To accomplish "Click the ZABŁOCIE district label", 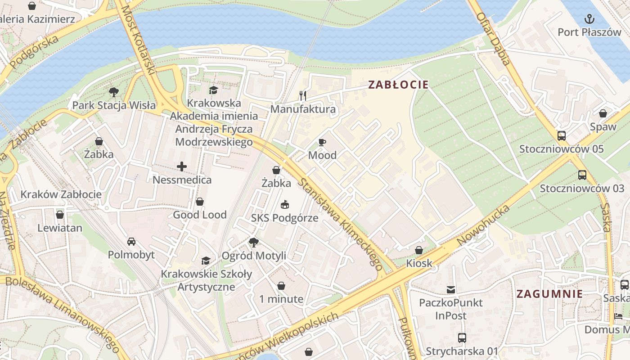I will pyautogui.click(x=398, y=85).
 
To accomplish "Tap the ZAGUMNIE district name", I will pyautogui.click(x=549, y=294).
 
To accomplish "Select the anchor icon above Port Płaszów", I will pyautogui.click(x=589, y=19).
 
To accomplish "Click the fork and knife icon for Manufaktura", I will pyautogui.click(x=303, y=95).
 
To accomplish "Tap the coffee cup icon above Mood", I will pyautogui.click(x=322, y=143).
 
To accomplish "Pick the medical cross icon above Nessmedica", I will pyautogui.click(x=182, y=167).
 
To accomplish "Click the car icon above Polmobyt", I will pyautogui.click(x=131, y=242).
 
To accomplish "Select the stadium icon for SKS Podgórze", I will pyautogui.click(x=284, y=205).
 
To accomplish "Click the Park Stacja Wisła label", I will pyautogui.click(x=114, y=106).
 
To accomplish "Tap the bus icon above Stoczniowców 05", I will pyautogui.click(x=561, y=135).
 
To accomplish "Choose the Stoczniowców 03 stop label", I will pyautogui.click(x=582, y=189).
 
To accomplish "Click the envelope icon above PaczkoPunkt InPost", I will pyautogui.click(x=450, y=289).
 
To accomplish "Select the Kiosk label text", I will pyautogui.click(x=419, y=263).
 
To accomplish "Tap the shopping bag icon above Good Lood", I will pyautogui.click(x=200, y=202).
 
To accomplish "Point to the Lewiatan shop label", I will pyautogui.click(x=60, y=228).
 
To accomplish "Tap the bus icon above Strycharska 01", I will pyautogui.click(x=462, y=337).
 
